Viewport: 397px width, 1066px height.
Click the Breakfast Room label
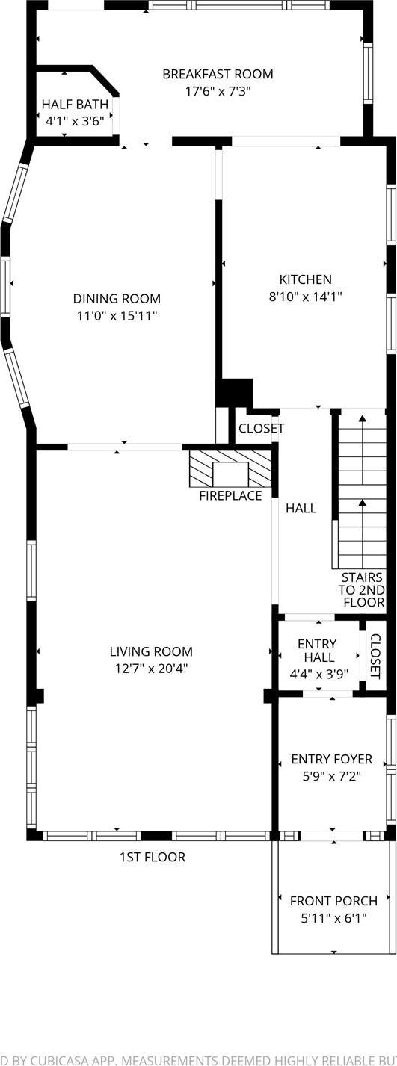pos(218,74)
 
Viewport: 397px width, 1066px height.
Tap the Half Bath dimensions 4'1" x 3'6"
pos(75,121)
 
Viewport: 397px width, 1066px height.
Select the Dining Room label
pos(117,298)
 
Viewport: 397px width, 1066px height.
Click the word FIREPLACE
pos(230,496)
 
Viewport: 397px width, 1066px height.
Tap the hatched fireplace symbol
pos(230,468)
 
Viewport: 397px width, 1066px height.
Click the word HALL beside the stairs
pos(301,508)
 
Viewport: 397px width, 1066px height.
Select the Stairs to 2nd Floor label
pos(363,590)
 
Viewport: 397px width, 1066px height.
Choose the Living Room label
pos(151,651)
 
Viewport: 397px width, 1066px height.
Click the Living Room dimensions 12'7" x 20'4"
pos(151,669)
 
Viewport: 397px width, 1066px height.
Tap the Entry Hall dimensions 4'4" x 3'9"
pos(319,674)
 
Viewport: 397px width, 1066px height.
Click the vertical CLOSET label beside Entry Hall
pos(375,657)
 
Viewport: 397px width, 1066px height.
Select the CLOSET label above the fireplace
pos(262,428)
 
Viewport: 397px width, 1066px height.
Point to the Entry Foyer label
pos(332,759)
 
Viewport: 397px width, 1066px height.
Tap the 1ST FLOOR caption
pos(153,857)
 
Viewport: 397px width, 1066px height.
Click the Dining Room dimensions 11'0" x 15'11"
pos(117,315)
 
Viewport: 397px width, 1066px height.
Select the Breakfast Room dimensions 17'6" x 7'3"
pos(218,91)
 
